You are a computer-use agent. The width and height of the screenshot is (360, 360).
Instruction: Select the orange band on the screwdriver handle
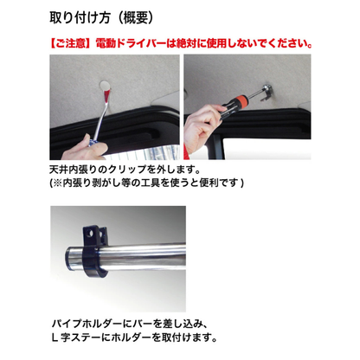pos(243,102)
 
